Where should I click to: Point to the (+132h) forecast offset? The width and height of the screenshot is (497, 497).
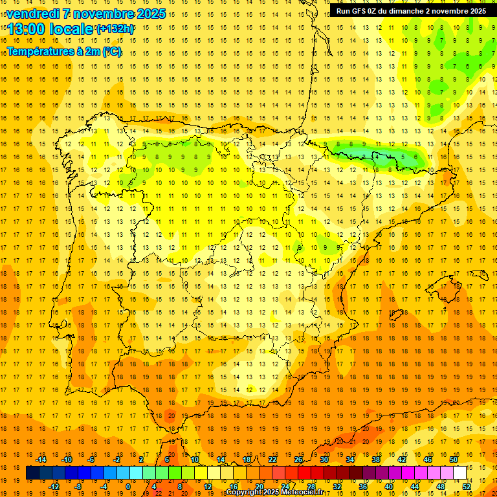tap(115, 29)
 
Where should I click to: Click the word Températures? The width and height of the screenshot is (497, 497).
tap(39, 52)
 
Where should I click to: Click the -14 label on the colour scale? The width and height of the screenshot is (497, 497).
tap(41, 459)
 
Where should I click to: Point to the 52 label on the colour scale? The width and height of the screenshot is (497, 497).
tap(467, 487)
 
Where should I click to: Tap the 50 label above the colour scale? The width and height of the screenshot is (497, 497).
tap(454, 459)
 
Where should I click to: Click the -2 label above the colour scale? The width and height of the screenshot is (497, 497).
tap(117, 459)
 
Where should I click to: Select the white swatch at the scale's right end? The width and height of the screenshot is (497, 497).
tap(459, 473)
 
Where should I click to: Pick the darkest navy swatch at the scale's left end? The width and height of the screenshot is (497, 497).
tap(32, 473)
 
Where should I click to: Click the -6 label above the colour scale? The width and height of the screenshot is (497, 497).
tap(92, 459)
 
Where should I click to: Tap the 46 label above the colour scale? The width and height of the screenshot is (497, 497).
tap(428, 459)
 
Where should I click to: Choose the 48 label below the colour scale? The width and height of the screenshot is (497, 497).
tap(441, 487)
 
